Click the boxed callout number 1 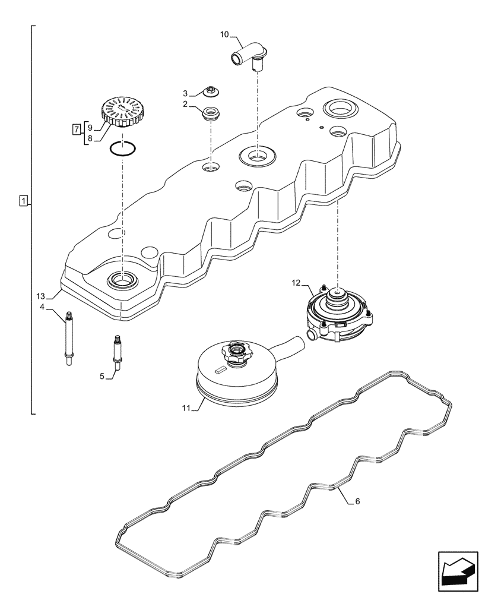(23, 201)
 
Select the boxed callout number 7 (76, 129)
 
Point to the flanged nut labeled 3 (210, 92)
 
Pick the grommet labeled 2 (210, 113)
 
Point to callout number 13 (40, 296)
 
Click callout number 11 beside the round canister (187, 408)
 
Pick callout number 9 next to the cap (90, 127)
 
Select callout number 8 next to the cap (90, 138)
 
